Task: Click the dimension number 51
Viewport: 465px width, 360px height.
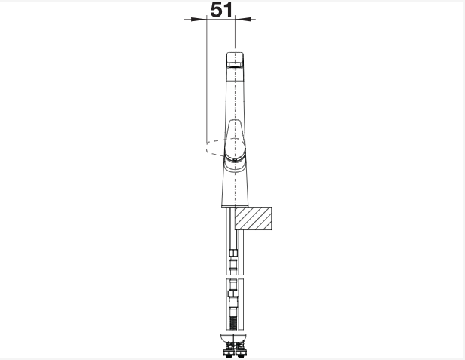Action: tap(221, 10)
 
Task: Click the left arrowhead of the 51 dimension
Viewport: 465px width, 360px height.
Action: tap(199, 20)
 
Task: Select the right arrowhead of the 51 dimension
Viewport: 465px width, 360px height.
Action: tap(242, 20)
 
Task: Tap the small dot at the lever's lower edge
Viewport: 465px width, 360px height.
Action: tap(235, 160)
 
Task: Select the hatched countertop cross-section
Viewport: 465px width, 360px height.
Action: tap(254, 219)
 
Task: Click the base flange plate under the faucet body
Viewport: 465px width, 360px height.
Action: tap(235, 206)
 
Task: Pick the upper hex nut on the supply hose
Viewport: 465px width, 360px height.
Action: tap(233, 254)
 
